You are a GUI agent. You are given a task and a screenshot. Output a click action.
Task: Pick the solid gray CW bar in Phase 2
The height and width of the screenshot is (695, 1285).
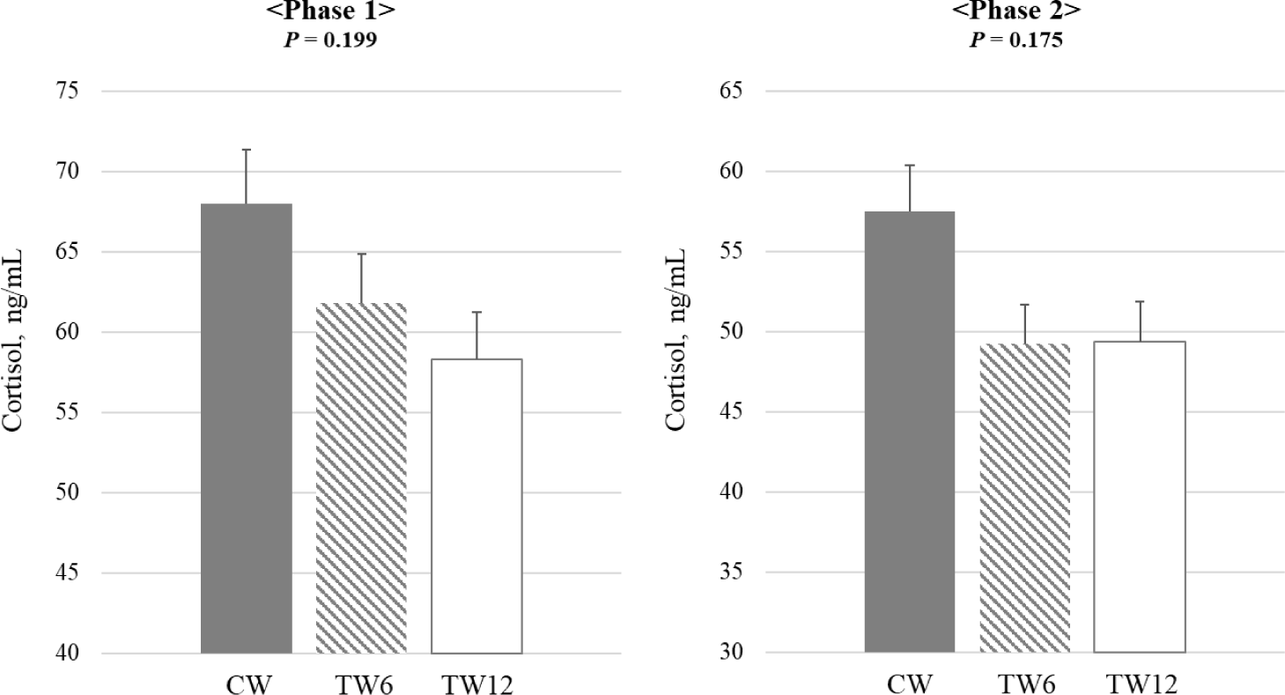910,432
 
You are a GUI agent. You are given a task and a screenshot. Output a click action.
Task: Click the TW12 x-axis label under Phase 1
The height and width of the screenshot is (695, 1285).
476,684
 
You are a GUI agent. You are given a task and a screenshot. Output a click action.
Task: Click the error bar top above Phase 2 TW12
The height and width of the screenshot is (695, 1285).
1140,301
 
